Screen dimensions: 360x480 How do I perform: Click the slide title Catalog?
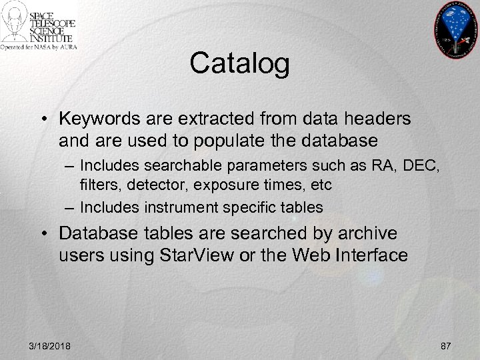(x=239, y=65)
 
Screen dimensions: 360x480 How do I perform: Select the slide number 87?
(x=446, y=346)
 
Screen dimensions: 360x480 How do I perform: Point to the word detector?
(x=148, y=183)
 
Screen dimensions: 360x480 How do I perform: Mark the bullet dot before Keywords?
(x=48, y=119)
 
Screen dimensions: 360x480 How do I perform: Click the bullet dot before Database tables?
(x=48, y=234)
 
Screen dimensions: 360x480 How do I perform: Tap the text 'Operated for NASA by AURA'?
(x=38, y=47)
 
